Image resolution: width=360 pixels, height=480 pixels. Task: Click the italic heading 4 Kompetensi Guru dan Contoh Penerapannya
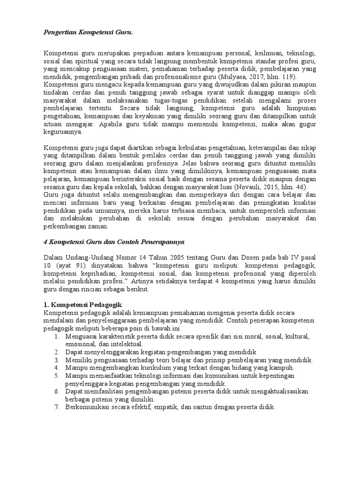[112, 241]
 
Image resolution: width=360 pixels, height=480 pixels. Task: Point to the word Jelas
[186, 164]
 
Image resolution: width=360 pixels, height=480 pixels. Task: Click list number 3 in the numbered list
[56, 360]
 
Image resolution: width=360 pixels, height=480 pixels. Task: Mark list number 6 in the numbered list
[56, 391]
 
